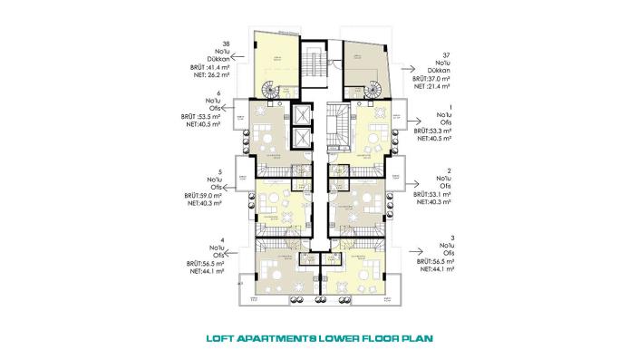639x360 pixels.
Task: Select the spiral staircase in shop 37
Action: [374, 89]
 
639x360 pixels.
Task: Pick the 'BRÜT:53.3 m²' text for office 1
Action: [434, 131]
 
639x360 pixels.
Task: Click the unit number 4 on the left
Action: [209, 239]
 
